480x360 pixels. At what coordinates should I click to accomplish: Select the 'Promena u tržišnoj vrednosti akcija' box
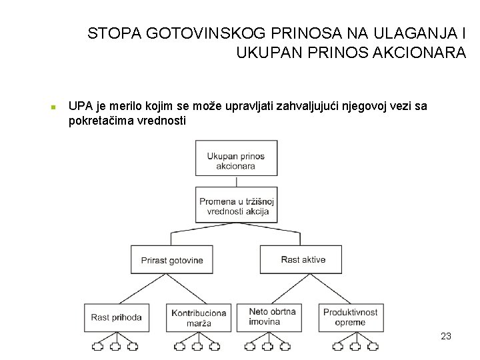click(237, 205)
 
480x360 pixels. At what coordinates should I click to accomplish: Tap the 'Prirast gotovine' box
click(171, 260)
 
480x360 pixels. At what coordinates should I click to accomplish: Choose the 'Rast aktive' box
click(303, 259)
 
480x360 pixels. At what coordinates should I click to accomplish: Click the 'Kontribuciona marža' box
click(199, 317)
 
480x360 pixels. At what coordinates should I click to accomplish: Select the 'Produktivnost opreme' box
click(351, 317)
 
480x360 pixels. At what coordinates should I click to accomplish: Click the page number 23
click(446, 336)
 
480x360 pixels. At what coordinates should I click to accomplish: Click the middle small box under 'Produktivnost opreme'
click(351, 347)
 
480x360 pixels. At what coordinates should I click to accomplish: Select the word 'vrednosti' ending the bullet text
click(163, 121)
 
